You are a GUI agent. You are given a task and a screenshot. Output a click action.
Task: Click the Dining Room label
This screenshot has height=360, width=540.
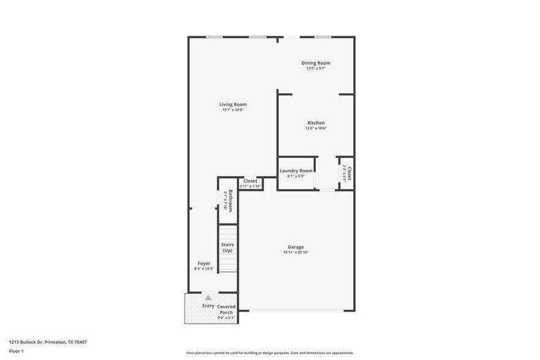tap(316, 62)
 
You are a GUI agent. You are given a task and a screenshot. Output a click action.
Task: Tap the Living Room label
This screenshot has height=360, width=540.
tap(233, 104)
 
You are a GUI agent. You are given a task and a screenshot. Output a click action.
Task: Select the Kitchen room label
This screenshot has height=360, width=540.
tap(316, 122)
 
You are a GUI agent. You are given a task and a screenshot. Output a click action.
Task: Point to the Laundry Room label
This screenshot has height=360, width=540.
tap(296, 171)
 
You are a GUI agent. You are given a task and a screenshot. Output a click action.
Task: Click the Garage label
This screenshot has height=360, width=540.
tap(296, 247)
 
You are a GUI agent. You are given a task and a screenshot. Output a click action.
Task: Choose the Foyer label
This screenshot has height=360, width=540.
tap(203, 263)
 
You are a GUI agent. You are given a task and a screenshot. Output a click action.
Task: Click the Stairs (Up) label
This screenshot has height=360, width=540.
tap(227, 247)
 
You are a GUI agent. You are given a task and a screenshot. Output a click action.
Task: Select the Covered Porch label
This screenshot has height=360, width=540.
tap(225, 309)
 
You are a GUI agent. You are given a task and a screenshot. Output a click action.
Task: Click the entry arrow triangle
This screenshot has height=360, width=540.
tap(208, 298)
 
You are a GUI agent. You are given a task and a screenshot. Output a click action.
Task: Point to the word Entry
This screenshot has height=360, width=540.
tap(208, 306)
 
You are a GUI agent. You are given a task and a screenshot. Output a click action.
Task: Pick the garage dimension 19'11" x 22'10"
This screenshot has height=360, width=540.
tap(296, 252)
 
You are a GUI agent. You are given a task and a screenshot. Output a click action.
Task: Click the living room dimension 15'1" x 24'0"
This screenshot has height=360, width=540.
tap(233, 110)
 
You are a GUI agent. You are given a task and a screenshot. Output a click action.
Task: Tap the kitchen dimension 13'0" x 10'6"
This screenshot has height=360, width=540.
tap(316, 128)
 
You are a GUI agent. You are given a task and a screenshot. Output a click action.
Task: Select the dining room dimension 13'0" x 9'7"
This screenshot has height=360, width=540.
tap(316, 68)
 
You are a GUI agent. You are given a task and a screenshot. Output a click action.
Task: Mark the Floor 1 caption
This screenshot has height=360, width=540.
tap(16, 351)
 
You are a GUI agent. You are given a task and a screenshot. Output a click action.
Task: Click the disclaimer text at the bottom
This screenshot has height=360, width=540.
tap(269, 353)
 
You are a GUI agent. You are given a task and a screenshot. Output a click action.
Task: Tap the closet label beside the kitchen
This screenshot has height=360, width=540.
tap(350, 173)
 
